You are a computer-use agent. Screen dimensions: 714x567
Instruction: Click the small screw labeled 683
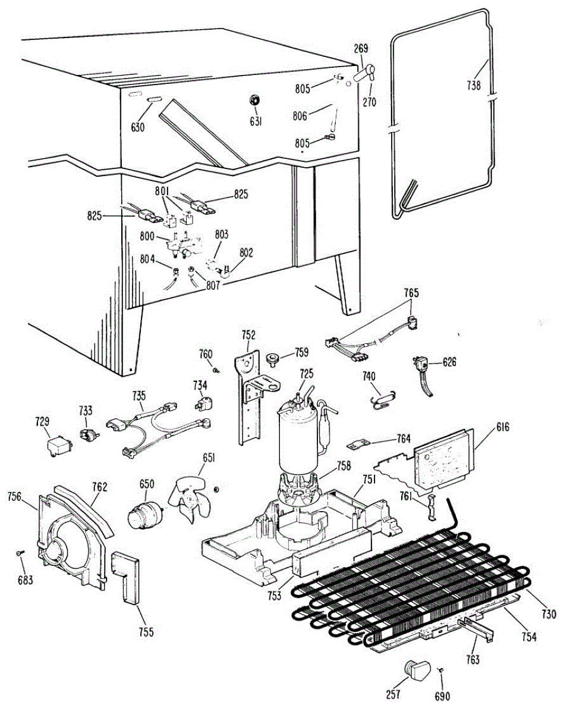click(x=20, y=553)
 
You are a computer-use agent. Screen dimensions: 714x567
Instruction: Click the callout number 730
click(x=549, y=615)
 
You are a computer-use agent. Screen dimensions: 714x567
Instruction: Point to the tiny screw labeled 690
click(x=442, y=671)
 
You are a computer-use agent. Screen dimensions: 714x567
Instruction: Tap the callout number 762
click(x=99, y=487)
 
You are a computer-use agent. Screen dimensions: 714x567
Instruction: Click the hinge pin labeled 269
click(x=363, y=74)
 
